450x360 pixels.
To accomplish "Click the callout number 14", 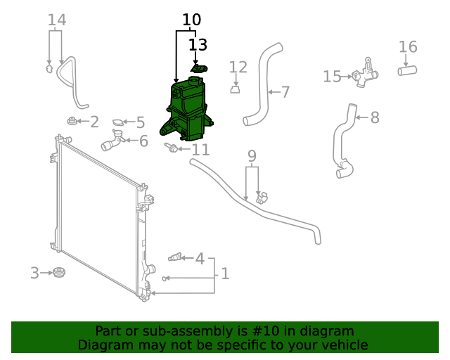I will (x=57, y=20).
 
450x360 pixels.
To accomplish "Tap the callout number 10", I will (x=191, y=20).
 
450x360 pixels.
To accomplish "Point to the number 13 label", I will (x=198, y=45).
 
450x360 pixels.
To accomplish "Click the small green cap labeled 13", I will (x=199, y=68).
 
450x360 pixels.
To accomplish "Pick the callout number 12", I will (x=238, y=67).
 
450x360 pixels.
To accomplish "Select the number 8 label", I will (x=375, y=117).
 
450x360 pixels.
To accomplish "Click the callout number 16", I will (x=408, y=47).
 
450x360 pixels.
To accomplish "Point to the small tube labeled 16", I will (x=408, y=70).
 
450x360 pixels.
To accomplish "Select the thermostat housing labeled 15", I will (x=364, y=76).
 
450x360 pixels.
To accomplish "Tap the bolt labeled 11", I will (x=170, y=148).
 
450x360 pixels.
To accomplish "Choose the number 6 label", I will (x=143, y=141).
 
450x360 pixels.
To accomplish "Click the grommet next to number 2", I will (x=71, y=121).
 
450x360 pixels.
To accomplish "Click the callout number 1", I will (x=225, y=274).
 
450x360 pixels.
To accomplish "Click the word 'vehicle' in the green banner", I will (x=344, y=345).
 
